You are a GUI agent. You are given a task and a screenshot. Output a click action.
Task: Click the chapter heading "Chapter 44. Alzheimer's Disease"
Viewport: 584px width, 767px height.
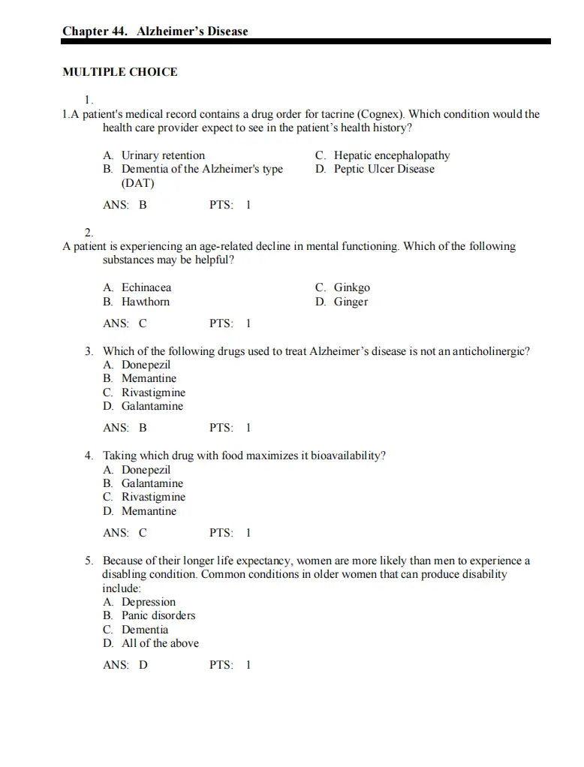pos(155,32)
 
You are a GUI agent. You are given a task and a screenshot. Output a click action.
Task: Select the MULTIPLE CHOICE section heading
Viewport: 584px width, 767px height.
pos(120,72)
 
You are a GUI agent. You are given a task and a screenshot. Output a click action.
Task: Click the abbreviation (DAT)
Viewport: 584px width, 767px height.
pos(138,183)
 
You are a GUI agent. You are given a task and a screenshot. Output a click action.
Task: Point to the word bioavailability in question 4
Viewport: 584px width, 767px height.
pos(348,456)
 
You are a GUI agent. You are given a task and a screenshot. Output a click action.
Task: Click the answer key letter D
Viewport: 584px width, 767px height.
pos(143,664)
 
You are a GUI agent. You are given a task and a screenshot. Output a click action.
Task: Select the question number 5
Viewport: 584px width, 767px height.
pos(89,561)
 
